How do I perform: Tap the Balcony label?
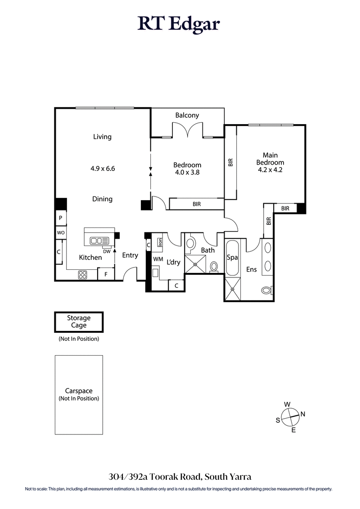187,116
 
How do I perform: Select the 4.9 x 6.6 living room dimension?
102,169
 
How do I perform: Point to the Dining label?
102,199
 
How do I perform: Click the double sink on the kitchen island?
99,241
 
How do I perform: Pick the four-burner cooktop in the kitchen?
83,275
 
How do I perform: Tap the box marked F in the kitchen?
106,274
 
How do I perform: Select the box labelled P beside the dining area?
60,218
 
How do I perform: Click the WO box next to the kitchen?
60,232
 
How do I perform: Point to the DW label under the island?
107,252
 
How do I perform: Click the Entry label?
130,255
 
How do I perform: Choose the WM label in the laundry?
158,259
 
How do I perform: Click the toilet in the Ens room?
267,290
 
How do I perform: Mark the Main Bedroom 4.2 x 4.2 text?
270,163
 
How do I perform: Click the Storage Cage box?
79,322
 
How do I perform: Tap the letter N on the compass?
303,414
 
